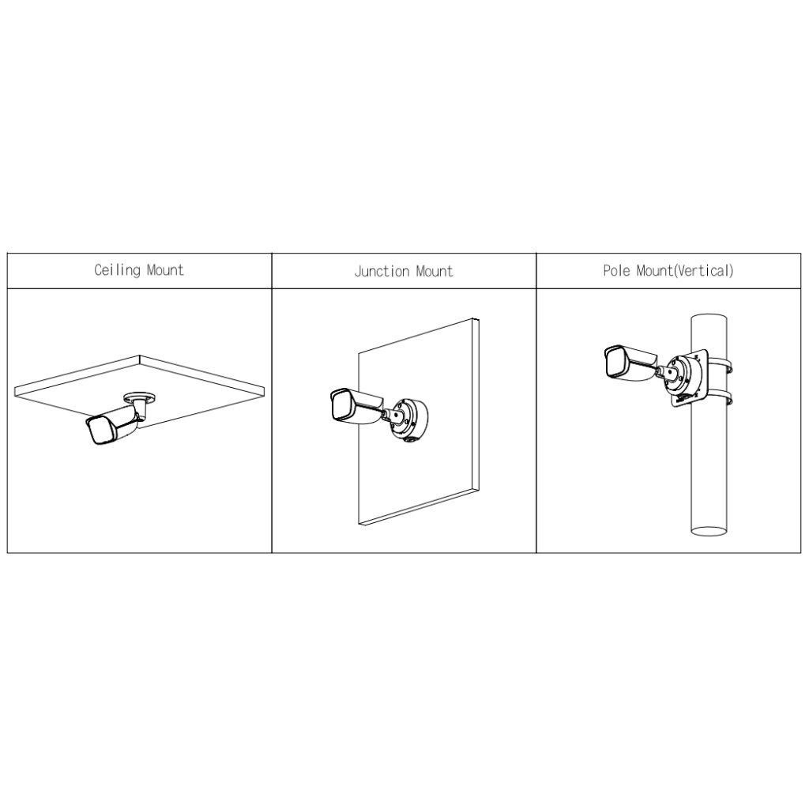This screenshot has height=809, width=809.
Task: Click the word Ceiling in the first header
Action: [x=117, y=270]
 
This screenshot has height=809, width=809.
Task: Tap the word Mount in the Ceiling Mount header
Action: [x=165, y=270]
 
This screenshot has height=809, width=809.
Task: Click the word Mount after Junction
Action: [x=435, y=272]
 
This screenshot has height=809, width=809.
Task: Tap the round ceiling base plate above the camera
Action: [x=139, y=397]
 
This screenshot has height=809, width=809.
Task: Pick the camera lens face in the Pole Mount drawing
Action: [x=615, y=360]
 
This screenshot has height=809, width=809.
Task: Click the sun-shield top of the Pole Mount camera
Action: [x=634, y=352]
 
